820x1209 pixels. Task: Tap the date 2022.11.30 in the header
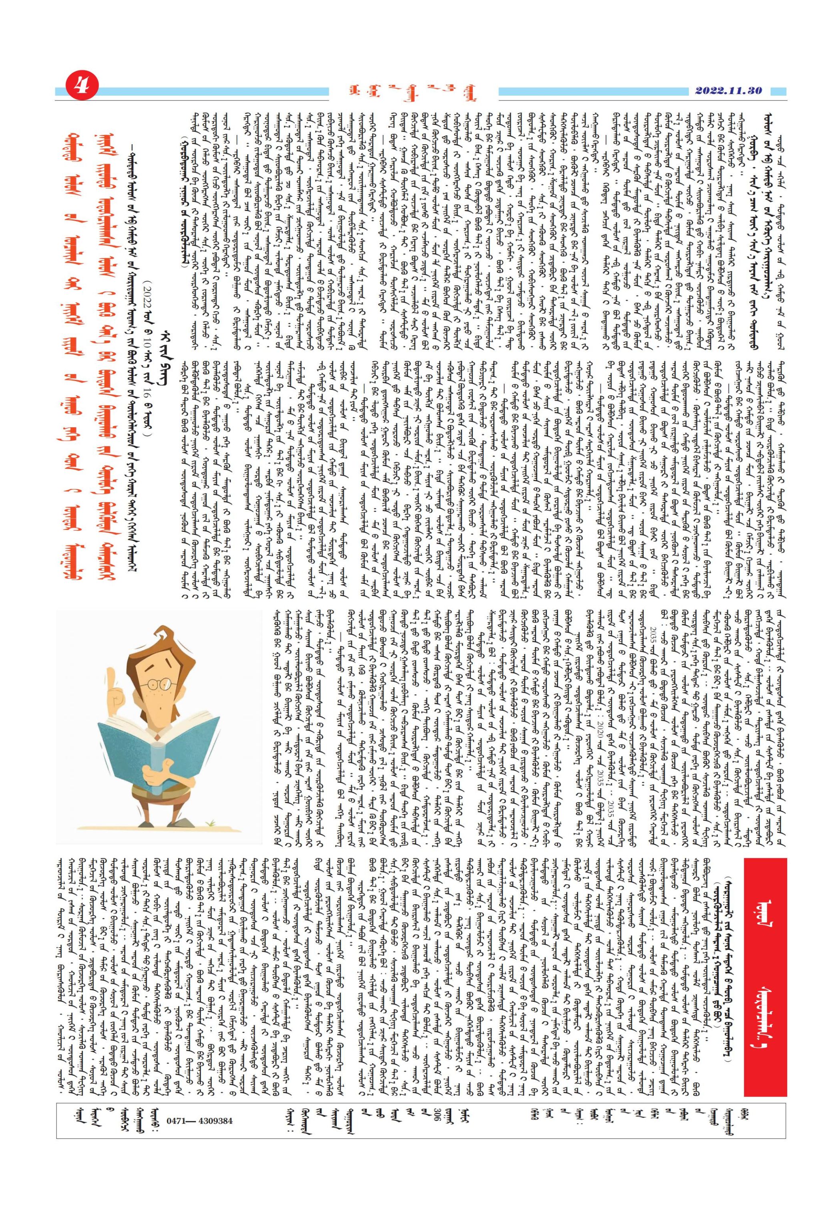pos(728,91)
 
